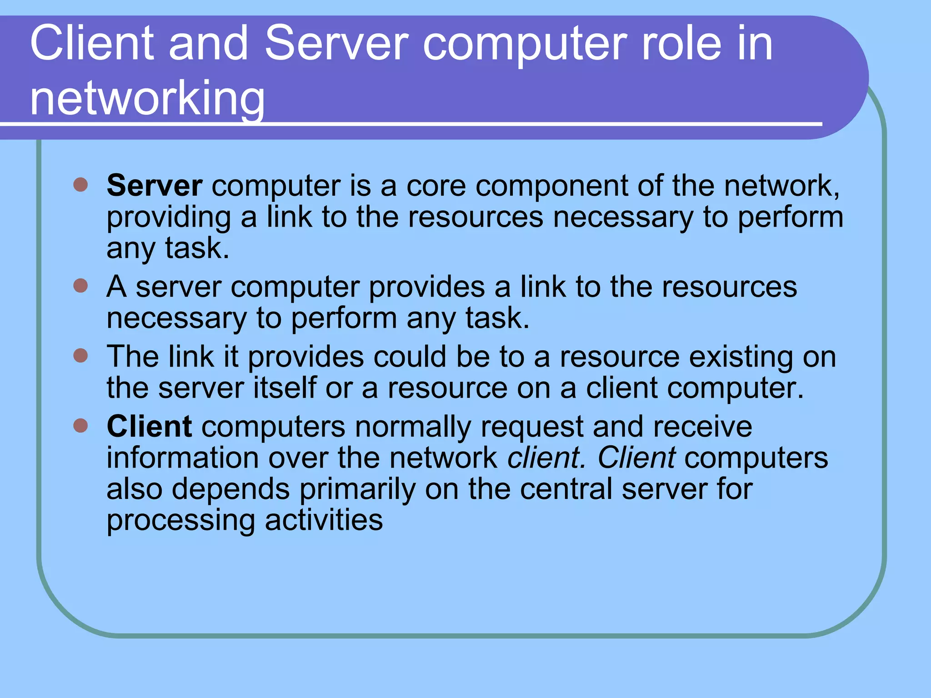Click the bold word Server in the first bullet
tap(155, 186)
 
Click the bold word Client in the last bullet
tap(149, 427)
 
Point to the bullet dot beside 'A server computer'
tap(80, 286)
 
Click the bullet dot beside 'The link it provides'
tap(80, 355)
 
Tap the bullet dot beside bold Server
tap(80, 184)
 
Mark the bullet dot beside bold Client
tap(80, 426)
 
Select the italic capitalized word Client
tap(636, 458)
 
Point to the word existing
tap(741, 357)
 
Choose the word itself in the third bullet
tap(285, 388)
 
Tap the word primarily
tap(357, 489)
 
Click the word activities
tap(324, 520)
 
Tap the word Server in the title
tap(336, 44)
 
